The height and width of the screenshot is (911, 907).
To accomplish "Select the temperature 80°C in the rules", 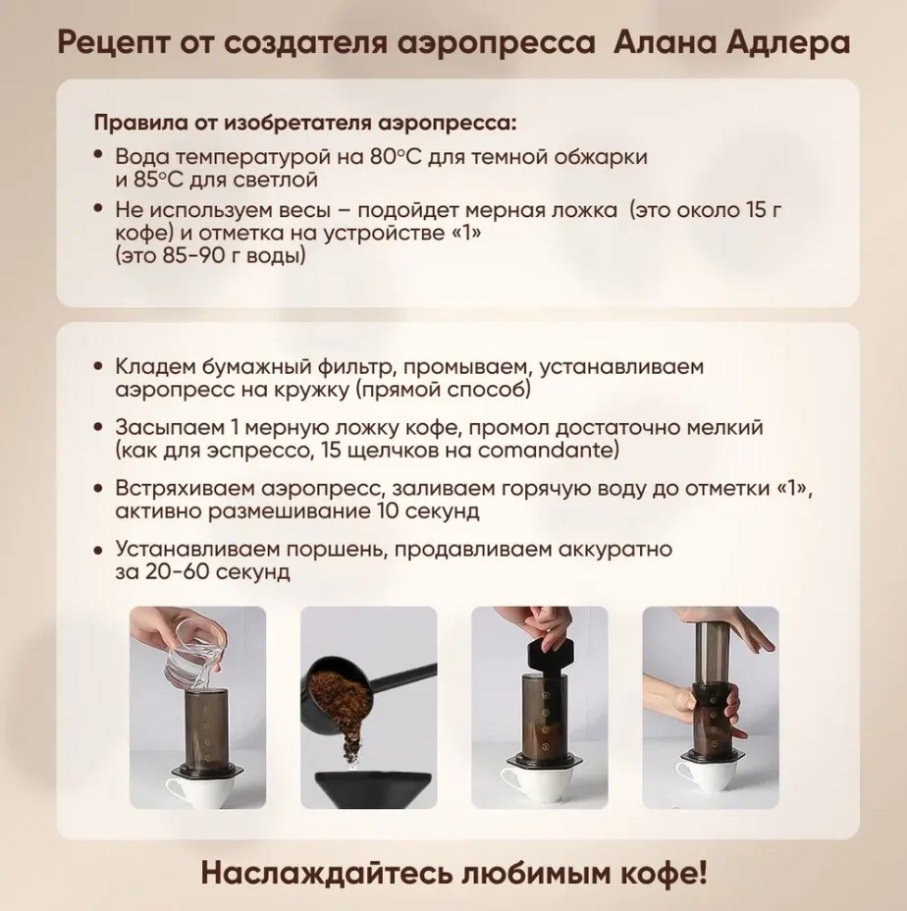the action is tap(396, 157).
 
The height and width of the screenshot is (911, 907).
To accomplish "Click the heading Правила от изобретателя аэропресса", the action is tap(305, 124).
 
